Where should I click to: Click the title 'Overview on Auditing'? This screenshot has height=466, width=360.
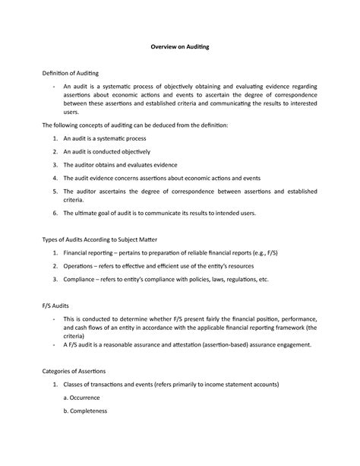tap(179, 47)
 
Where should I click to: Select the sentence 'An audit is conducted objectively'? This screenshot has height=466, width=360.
tap(110, 151)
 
